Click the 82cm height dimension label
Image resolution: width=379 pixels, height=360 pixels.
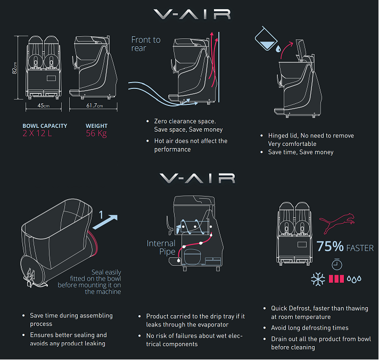(x=14, y=68)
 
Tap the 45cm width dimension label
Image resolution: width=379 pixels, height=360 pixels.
(x=44, y=105)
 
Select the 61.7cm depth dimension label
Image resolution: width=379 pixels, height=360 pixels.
(x=95, y=105)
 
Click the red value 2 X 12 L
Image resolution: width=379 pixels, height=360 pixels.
(x=37, y=133)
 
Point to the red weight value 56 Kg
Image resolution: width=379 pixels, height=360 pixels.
(x=96, y=133)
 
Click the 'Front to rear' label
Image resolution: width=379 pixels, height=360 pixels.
(x=146, y=44)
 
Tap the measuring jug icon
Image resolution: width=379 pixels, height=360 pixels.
(x=266, y=39)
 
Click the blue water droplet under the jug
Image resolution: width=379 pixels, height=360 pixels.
(x=278, y=49)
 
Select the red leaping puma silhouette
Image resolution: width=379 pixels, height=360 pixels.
(x=337, y=223)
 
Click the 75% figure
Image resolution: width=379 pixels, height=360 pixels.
(x=330, y=247)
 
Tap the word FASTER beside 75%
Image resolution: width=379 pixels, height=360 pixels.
(x=360, y=248)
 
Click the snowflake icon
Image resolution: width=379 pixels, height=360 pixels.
(x=318, y=279)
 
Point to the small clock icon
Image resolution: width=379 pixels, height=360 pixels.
(x=337, y=264)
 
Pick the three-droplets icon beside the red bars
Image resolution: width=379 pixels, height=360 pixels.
(x=354, y=279)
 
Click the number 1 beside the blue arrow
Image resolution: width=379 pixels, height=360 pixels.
(x=101, y=215)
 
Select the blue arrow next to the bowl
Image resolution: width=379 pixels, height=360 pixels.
(x=105, y=222)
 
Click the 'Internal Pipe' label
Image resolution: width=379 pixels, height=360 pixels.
(x=161, y=247)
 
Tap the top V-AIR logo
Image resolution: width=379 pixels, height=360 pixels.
(x=192, y=14)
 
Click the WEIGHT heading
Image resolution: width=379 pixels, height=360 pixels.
(x=96, y=126)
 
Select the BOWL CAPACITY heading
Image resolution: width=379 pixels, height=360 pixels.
(x=45, y=126)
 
